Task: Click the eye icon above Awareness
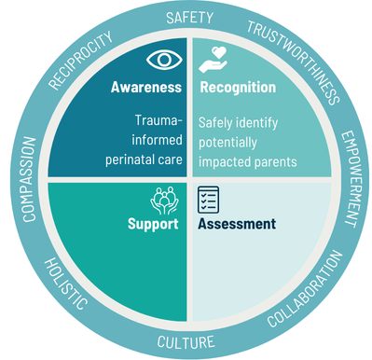(x=164, y=60)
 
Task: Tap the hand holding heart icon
(x=214, y=60)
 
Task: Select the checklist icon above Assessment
(x=209, y=200)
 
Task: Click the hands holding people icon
(x=164, y=201)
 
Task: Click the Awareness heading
(x=146, y=88)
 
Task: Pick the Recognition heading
(x=238, y=88)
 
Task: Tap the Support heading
(x=153, y=224)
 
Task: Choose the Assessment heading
(x=237, y=224)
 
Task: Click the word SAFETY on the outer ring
(x=189, y=18)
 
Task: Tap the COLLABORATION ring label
(x=305, y=289)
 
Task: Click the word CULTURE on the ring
(x=186, y=342)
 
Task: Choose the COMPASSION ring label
(x=30, y=179)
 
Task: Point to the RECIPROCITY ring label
(x=80, y=61)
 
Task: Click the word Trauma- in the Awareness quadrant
(x=158, y=120)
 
